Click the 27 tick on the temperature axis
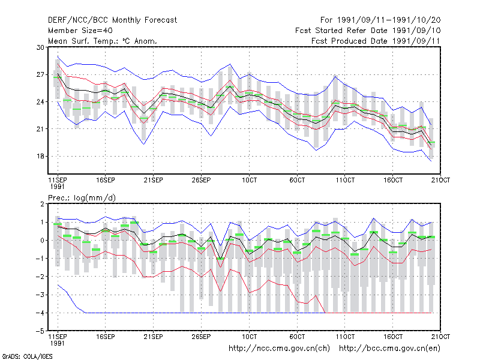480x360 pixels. click(x=40, y=74)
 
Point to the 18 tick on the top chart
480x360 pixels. click(x=40, y=156)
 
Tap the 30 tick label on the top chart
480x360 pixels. click(x=40, y=47)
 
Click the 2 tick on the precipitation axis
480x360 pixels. click(x=42, y=204)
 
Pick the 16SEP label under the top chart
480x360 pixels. click(x=106, y=180)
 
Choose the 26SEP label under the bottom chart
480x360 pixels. click(x=201, y=337)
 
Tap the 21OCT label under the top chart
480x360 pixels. click(x=440, y=180)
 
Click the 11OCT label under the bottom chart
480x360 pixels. click(x=345, y=337)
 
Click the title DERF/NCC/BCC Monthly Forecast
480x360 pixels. click(x=112, y=20)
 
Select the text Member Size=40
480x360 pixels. click(x=80, y=31)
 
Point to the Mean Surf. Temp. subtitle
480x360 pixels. click(x=102, y=41)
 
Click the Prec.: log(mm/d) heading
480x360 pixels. click(x=82, y=198)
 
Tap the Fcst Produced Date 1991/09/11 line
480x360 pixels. click(x=376, y=41)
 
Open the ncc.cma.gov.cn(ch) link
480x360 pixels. click(x=279, y=349)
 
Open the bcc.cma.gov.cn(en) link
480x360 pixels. click(x=389, y=349)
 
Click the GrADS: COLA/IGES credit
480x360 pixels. click(x=27, y=356)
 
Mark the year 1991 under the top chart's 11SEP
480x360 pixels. click(x=57, y=187)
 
